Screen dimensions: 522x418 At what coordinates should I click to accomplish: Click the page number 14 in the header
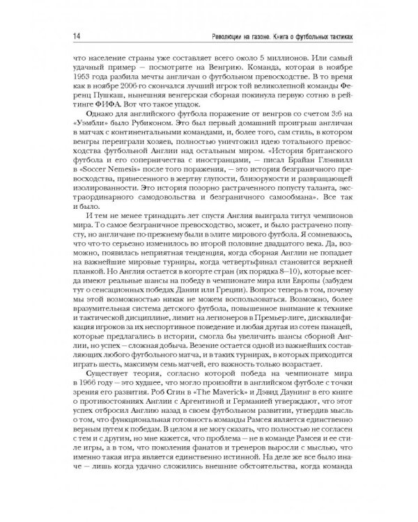coord(64,35)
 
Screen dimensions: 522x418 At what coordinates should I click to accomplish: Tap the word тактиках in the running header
coord(339,35)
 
